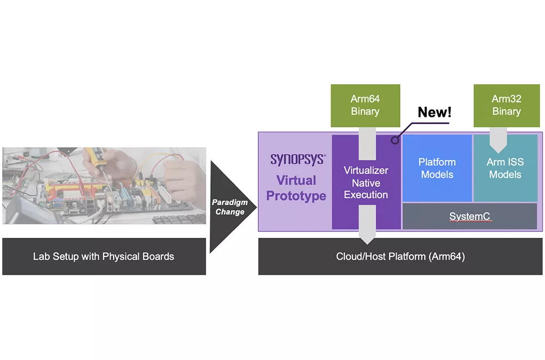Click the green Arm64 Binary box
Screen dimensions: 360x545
[365, 105]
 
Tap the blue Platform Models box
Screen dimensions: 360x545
[437, 168]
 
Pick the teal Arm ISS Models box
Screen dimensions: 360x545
[505, 168]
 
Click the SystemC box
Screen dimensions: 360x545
[469, 217]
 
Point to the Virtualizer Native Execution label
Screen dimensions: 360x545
[366, 182]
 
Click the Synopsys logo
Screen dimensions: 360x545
[297, 159]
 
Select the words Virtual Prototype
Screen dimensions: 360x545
[296, 188]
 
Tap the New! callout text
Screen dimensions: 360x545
[435, 112]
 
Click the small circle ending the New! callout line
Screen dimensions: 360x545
[395, 141]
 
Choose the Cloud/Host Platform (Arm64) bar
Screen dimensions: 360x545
[400, 257]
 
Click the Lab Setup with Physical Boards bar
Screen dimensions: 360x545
[104, 257]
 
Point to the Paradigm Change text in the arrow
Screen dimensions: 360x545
[230, 207]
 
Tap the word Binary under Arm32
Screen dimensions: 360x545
[506, 111]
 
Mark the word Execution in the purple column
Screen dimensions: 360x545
[366, 195]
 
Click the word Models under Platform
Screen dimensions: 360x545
[437, 174]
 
